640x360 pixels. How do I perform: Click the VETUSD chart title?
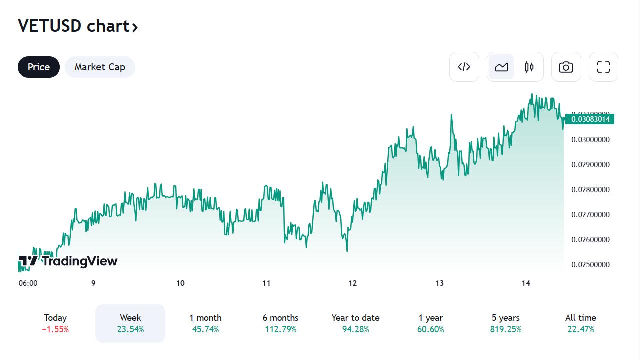click(78, 26)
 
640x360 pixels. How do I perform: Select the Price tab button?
click(39, 67)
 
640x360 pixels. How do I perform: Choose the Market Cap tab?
click(100, 67)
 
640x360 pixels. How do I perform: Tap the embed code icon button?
click(464, 67)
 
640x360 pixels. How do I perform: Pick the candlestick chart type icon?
click(529, 67)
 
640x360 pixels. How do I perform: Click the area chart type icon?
click(501, 67)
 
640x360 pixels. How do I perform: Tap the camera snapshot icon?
click(566, 67)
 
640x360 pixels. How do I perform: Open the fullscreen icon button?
click(603, 67)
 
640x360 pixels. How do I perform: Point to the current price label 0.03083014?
click(590, 119)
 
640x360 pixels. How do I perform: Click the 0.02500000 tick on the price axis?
click(590, 265)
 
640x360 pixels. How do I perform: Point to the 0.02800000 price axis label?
click(590, 190)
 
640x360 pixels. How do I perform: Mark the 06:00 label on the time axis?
click(28, 283)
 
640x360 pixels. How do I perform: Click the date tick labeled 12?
click(353, 283)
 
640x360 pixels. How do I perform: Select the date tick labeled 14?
click(526, 283)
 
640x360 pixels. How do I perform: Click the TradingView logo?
click(68, 261)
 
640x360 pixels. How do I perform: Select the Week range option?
click(130, 323)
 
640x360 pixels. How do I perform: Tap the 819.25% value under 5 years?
click(506, 329)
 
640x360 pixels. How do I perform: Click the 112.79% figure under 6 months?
click(280, 329)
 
